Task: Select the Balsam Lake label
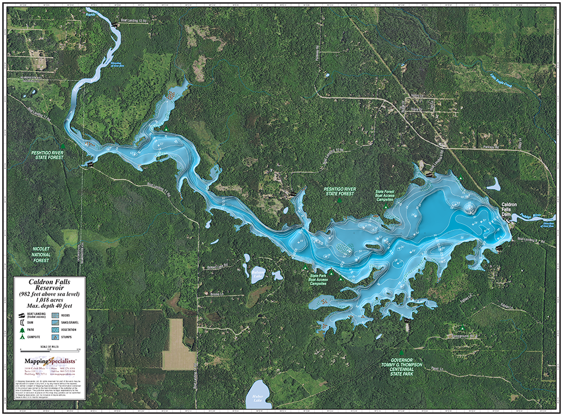point(258,273)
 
